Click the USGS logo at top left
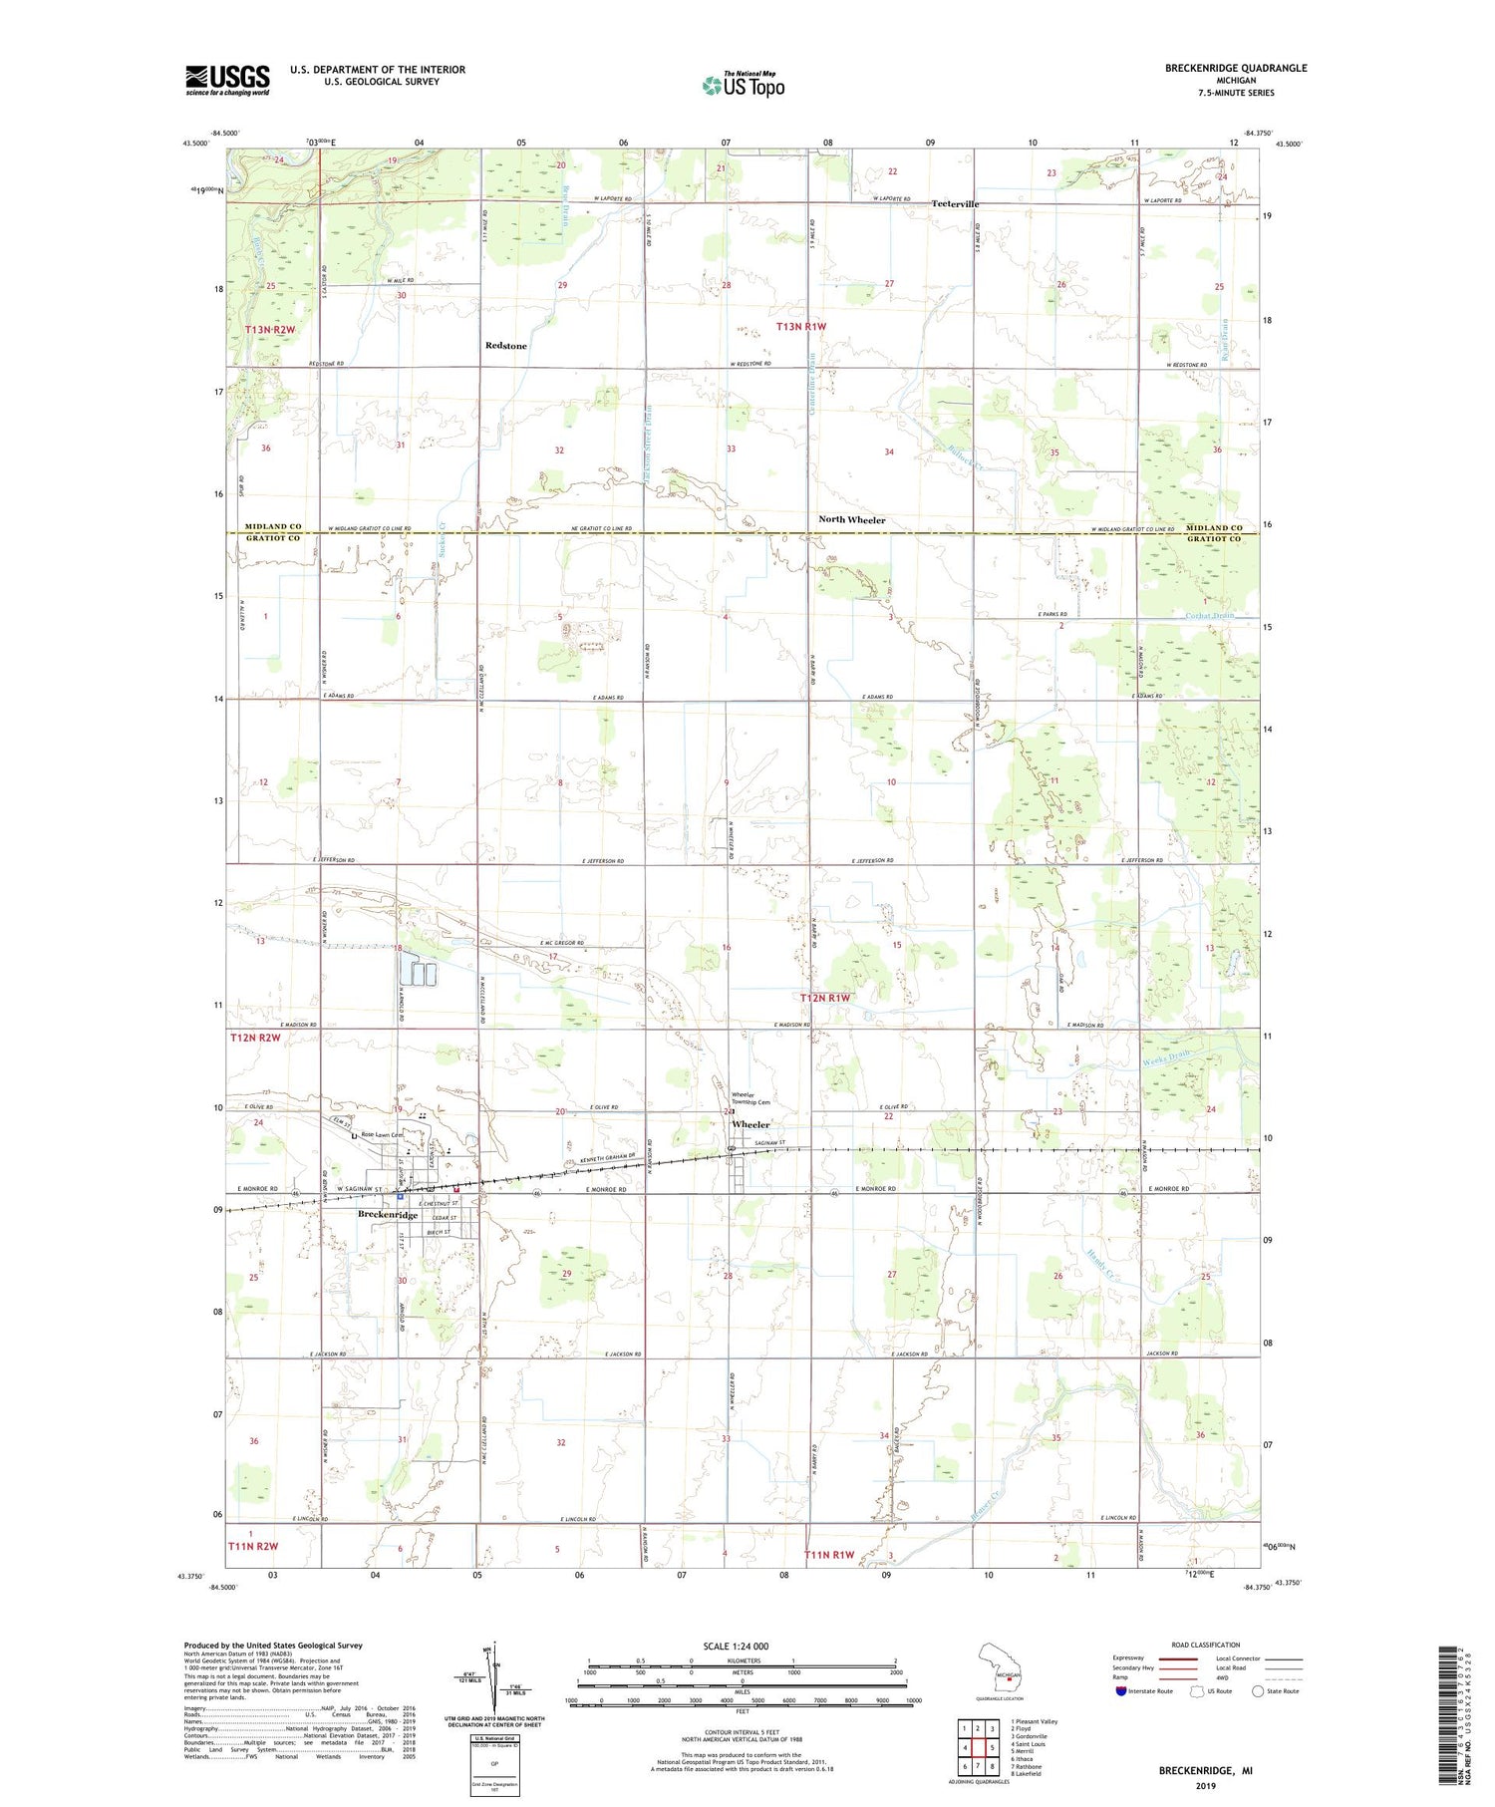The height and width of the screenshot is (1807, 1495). [227, 80]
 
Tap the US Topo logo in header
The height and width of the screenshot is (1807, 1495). [744, 85]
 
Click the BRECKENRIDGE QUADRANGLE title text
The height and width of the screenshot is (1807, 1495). [1236, 68]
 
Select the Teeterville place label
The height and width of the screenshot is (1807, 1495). [955, 203]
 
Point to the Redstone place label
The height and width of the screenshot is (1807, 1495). [505, 346]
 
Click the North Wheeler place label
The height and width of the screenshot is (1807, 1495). [851, 520]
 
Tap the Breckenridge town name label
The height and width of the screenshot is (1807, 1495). [388, 1215]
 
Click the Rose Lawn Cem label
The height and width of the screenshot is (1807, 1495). [381, 1134]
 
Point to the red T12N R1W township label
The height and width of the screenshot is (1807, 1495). [826, 998]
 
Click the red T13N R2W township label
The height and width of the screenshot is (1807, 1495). [269, 329]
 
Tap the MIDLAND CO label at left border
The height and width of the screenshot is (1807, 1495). [273, 526]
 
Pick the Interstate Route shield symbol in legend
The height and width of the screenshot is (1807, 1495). [1123, 1691]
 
